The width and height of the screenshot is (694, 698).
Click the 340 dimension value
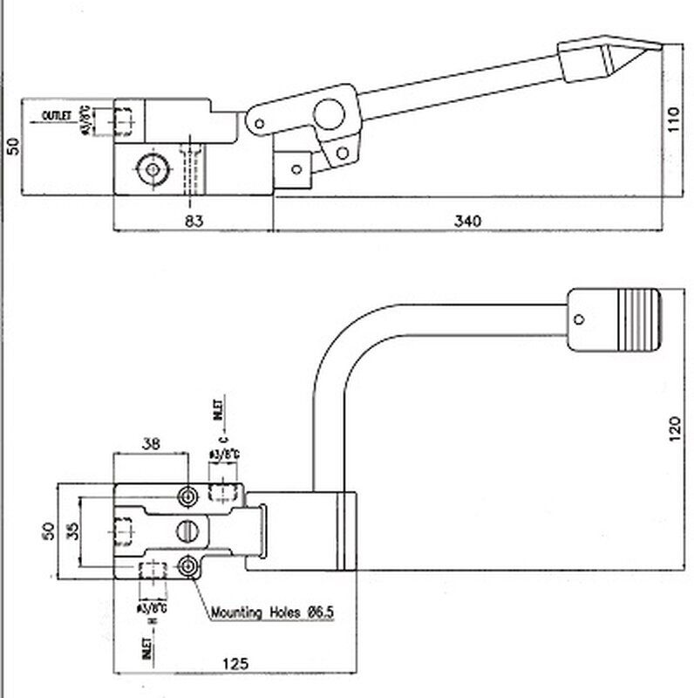tap(467, 222)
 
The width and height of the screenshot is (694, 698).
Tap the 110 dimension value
tap(672, 120)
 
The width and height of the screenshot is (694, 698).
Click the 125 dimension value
tap(235, 664)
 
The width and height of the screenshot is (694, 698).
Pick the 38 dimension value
tap(150, 442)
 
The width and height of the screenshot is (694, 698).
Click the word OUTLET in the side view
tap(58, 114)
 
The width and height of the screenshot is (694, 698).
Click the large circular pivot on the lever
tap(330, 113)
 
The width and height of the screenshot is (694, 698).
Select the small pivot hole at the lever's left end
tap(258, 120)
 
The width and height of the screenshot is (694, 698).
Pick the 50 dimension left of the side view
tap(11, 146)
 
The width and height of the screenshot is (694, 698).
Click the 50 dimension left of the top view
tap(48, 530)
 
